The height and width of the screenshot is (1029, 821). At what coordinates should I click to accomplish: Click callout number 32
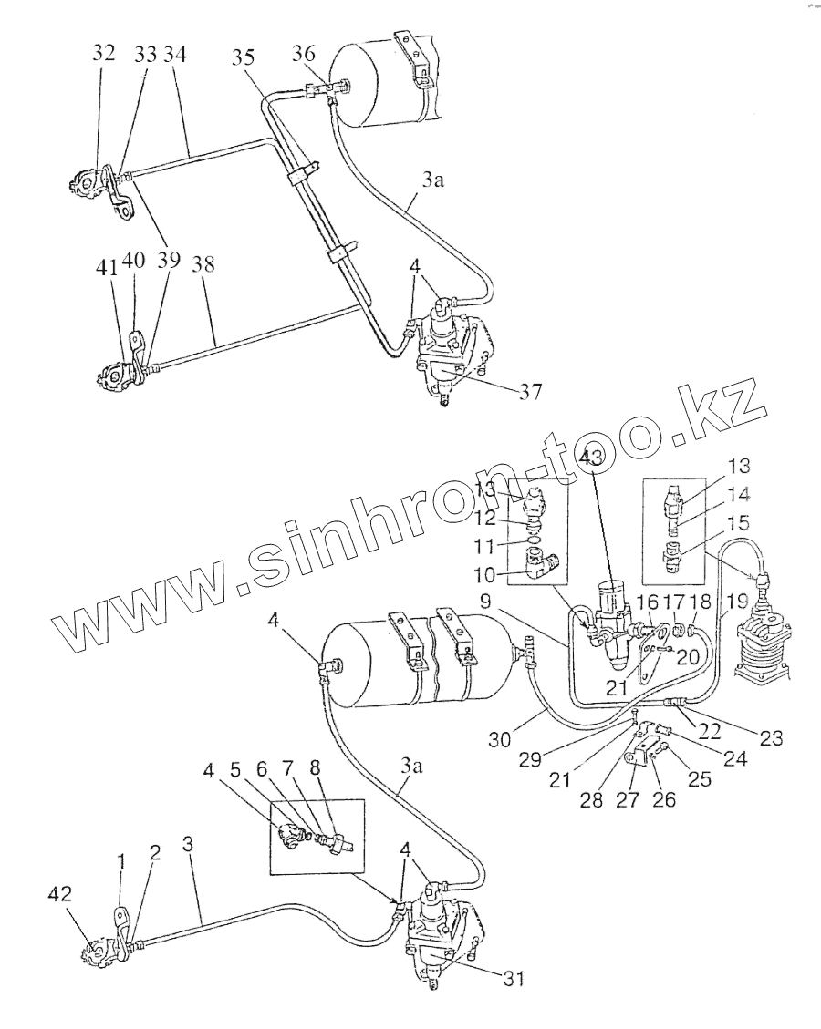click(103, 54)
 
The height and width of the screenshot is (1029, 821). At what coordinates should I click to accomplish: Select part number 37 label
click(530, 393)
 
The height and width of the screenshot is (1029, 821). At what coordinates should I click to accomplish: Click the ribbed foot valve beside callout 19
click(760, 648)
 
